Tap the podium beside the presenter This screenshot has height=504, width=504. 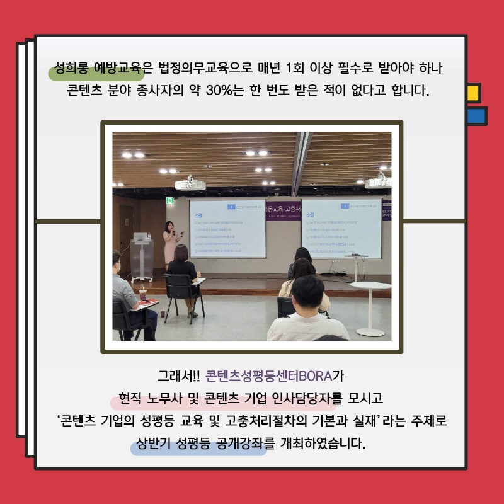pyautogui.click(x=142, y=255)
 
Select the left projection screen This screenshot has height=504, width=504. pyautogui.click(x=227, y=228)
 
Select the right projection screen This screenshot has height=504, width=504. pyautogui.click(x=341, y=228)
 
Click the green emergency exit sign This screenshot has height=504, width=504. pyautogui.click(x=169, y=201)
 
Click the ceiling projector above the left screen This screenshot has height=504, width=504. pyautogui.click(x=190, y=183)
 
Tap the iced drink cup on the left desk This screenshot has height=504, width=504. pyautogui.click(x=143, y=294)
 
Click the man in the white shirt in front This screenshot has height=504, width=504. pyautogui.click(x=308, y=315)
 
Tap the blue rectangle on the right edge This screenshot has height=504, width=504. pyautogui.click(x=476, y=116)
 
